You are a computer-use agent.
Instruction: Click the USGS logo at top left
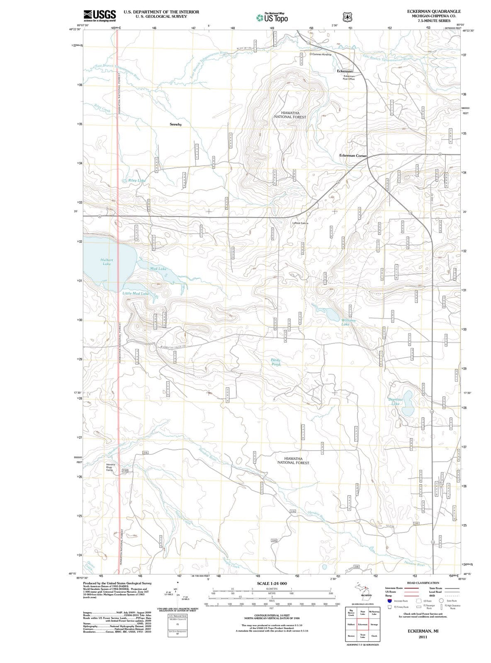tap(100, 15)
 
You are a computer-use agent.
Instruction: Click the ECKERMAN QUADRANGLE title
tap(434, 11)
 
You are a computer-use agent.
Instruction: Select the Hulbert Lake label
tap(107, 261)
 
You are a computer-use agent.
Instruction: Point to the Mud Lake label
tap(158, 269)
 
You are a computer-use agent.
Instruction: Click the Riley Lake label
tap(136, 181)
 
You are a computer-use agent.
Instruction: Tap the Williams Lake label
tap(348, 322)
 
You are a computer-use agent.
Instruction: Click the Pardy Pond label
tap(276, 362)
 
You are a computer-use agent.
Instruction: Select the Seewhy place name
tap(175, 124)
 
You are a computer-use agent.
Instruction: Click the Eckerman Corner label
tap(353, 155)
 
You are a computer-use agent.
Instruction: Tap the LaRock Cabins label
tap(300, 223)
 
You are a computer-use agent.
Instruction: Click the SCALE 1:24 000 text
tap(272, 583)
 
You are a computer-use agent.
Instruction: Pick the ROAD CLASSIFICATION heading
tap(423, 583)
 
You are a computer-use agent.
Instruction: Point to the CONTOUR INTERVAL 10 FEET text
tap(272, 615)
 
